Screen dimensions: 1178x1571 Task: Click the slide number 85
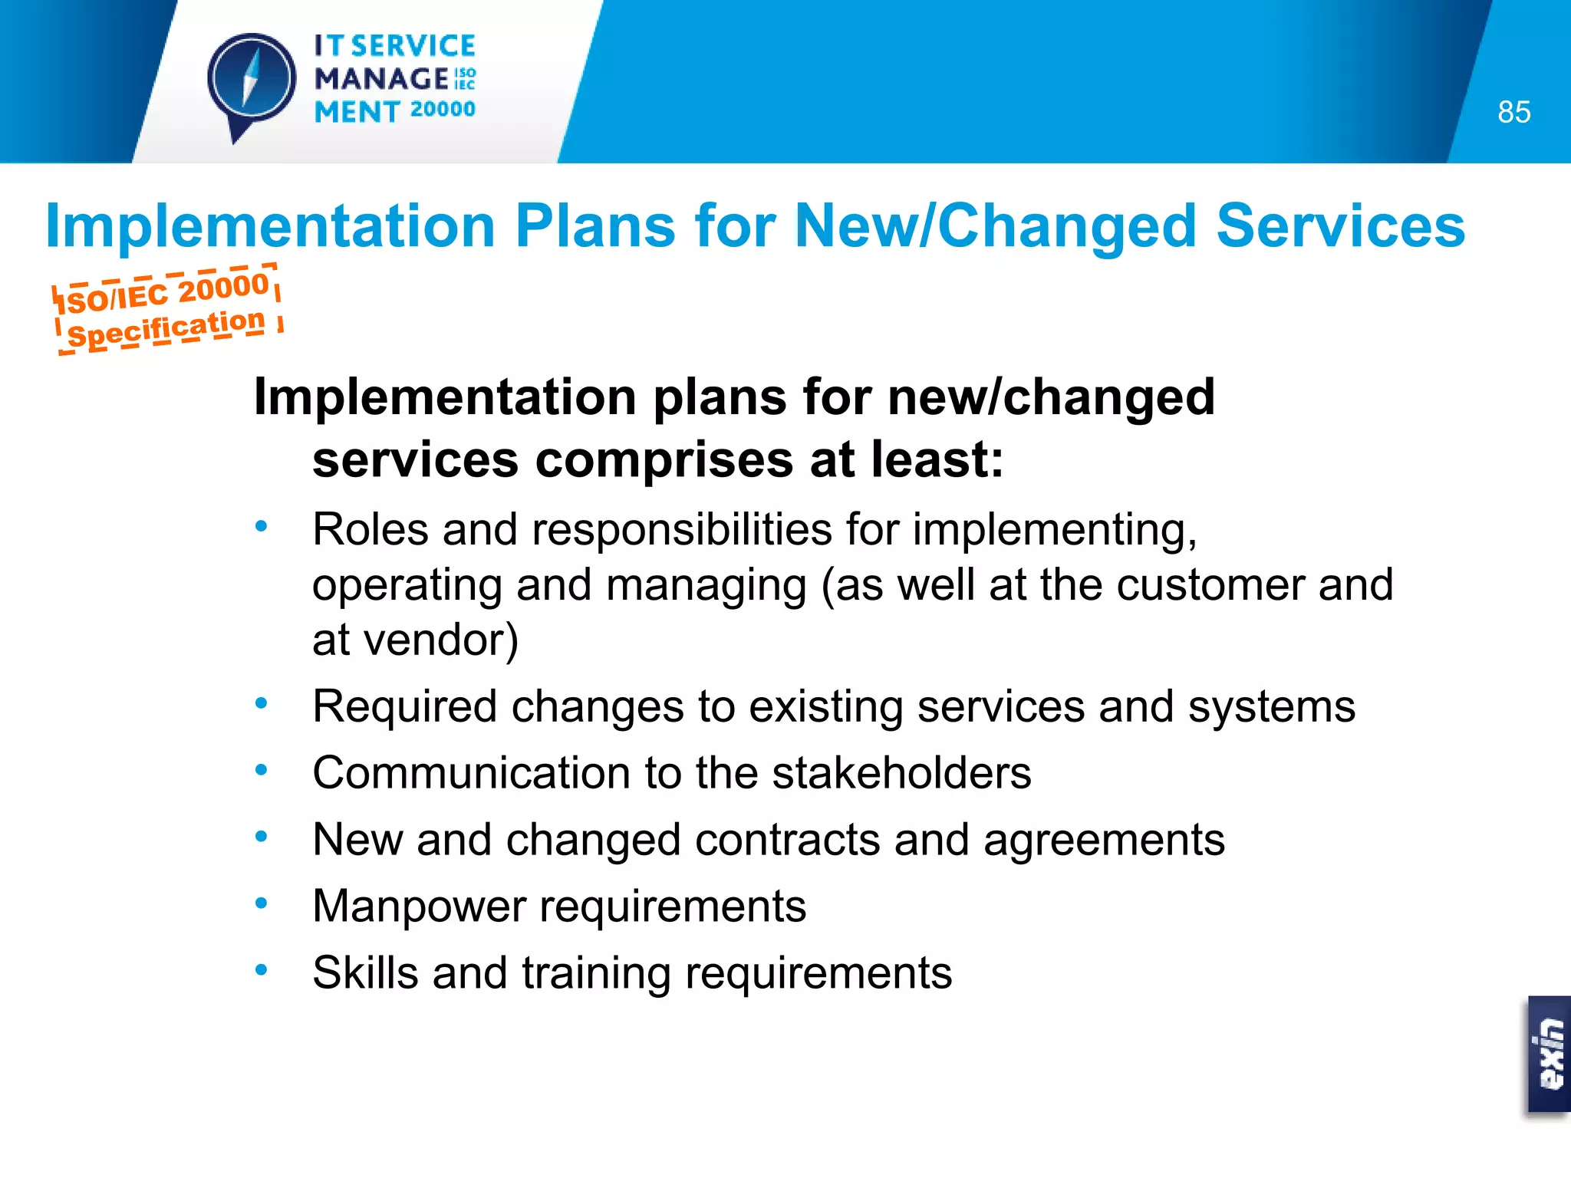click(x=1513, y=113)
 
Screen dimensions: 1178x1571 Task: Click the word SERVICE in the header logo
click(x=413, y=46)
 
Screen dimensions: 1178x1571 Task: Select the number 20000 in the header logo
click(x=443, y=110)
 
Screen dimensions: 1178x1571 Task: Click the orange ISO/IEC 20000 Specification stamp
click(x=167, y=310)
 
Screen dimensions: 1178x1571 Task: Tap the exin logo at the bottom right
click(x=1549, y=1055)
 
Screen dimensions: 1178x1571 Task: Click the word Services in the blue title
click(x=1340, y=226)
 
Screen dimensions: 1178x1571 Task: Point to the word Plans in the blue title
click(x=595, y=226)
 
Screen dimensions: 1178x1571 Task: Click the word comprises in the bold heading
click(x=664, y=460)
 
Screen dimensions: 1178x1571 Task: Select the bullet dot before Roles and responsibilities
click(x=262, y=527)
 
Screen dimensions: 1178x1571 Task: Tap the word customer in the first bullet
click(x=1210, y=584)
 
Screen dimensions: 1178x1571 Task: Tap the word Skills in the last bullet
click(x=365, y=973)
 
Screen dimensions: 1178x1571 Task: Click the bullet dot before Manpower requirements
click(x=262, y=904)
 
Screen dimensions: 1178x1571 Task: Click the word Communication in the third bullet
click(x=471, y=773)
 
